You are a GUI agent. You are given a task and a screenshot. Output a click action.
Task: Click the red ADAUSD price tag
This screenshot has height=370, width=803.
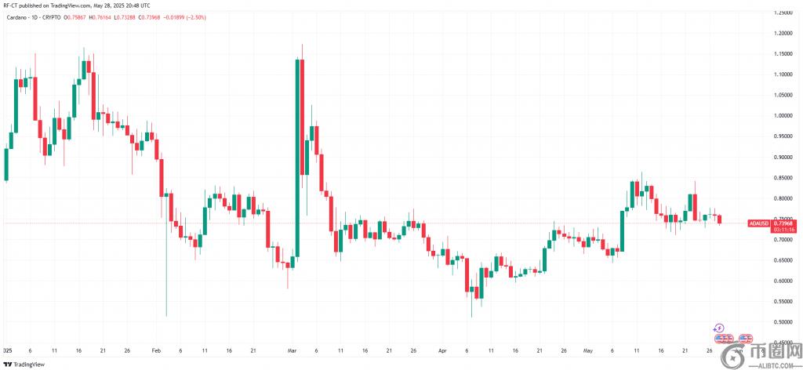point(760,223)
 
